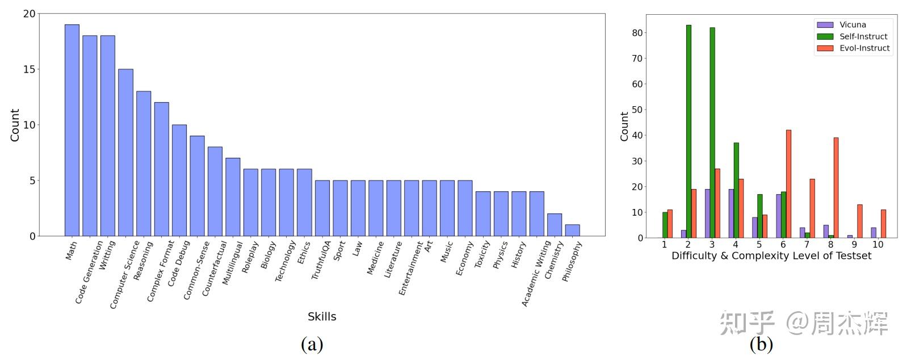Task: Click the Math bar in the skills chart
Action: tap(72, 130)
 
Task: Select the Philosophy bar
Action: tap(572, 230)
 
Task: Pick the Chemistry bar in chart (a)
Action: tap(554, 225)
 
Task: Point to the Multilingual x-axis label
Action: tap(232, 263)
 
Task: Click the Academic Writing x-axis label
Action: tap(536, 273)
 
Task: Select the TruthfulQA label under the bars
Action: tap(321, 260)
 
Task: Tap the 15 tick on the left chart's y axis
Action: tap(28, 69)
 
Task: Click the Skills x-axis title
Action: tap(322, 316)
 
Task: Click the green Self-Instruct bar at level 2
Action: tap(689, 131)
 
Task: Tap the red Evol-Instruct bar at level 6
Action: tap(788, 184)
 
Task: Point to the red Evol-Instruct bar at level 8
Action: tap(836, 187)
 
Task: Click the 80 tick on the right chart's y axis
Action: tap(637, 33)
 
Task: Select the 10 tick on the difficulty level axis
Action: tap(878, 245)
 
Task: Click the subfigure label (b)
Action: tap(761, 344)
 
